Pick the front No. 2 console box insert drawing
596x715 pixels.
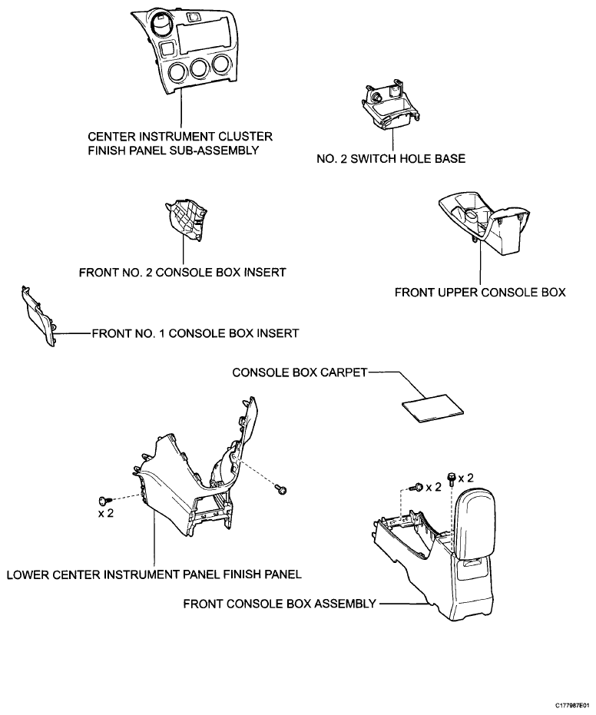coord(186,220)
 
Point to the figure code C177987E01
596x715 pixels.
coord(574,705)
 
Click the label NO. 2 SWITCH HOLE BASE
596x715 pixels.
coord(391,159)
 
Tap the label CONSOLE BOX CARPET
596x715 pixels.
coord(300,372)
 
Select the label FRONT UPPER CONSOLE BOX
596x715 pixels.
coord(480,293)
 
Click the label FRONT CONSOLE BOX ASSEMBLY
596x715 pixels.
coord(280,604)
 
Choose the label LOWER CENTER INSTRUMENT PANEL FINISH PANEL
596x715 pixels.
coord(154,574)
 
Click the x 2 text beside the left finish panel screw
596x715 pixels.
coord(106,513)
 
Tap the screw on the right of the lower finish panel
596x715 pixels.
coord(281,490)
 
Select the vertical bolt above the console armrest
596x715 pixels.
coord(452,478)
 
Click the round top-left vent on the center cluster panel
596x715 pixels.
coord(161,25)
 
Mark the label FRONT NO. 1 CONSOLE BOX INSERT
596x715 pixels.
coord(195,333)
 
